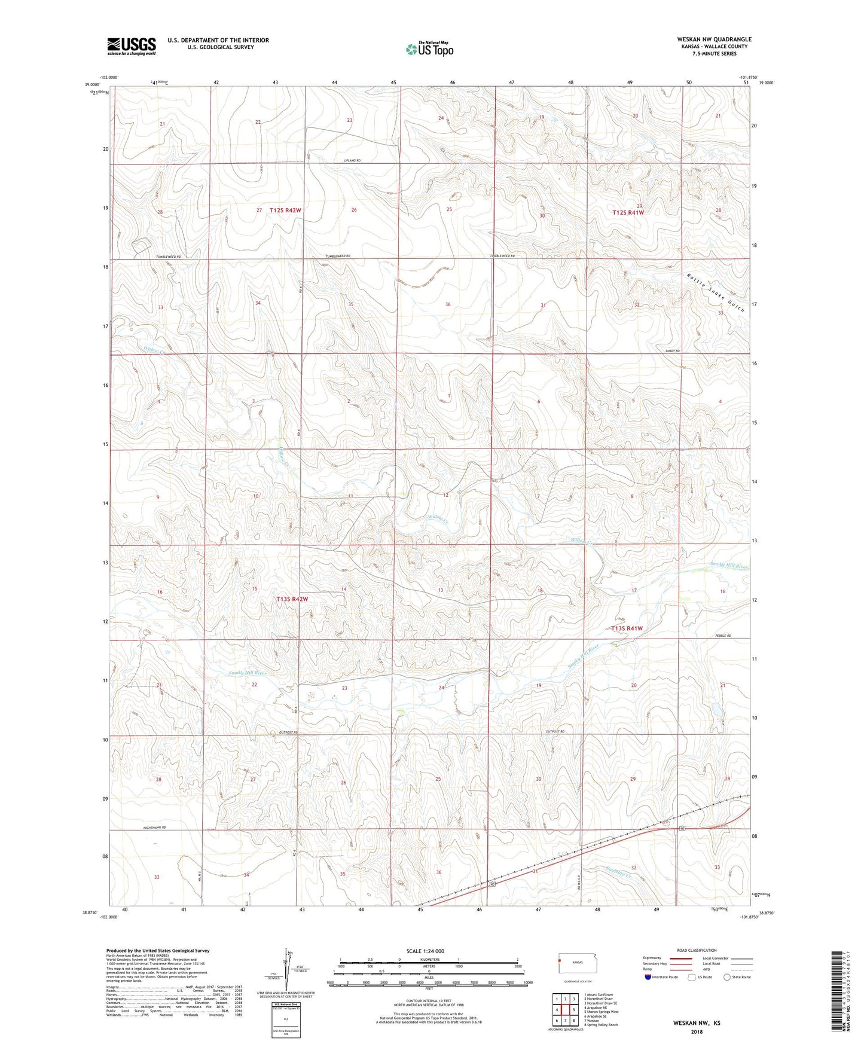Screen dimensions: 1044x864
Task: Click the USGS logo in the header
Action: pyautogui.click(x=132, y=45)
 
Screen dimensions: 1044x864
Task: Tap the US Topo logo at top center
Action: pyautogui.click(x=429, y=49)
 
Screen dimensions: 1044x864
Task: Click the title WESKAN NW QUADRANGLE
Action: pyautogui.click(x=706, y=39)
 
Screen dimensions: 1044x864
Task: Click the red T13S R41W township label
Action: pyautogui.click(x=627, y=628)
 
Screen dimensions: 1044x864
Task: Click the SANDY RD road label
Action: pyautogui.click(x=673, y=351)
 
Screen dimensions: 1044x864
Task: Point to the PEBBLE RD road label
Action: pyautogui.click(x=723, y=636)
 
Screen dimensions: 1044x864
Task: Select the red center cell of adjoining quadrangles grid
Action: pyautogui.click(x=565, y=1010)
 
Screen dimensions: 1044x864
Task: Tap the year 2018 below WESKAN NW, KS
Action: pyautogui.click(x=697, y=1031)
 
